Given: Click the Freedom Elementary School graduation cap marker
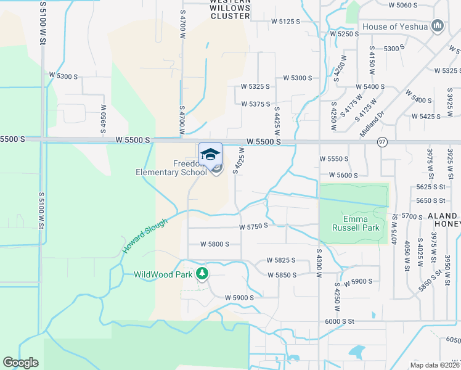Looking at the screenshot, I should pyautogui.click(x=210, y=154).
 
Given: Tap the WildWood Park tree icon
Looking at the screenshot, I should pyautogui.click(x=202, y=274).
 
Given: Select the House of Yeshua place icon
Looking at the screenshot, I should pyautogui.click(x=438, y=26).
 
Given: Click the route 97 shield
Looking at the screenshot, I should pyautogui.click(x=382, y=142).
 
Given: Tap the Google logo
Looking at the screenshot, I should pyautogui.click(x=21, y=363).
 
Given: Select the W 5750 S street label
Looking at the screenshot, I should pyautogui.click(x=253, y=226).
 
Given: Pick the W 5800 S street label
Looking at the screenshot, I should pyautogui.click(x=214, y=244).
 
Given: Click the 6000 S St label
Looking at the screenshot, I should pyautogui.click(x=340, y=321).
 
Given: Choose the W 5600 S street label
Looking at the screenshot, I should pyautogui.click(x=343, y=175).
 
